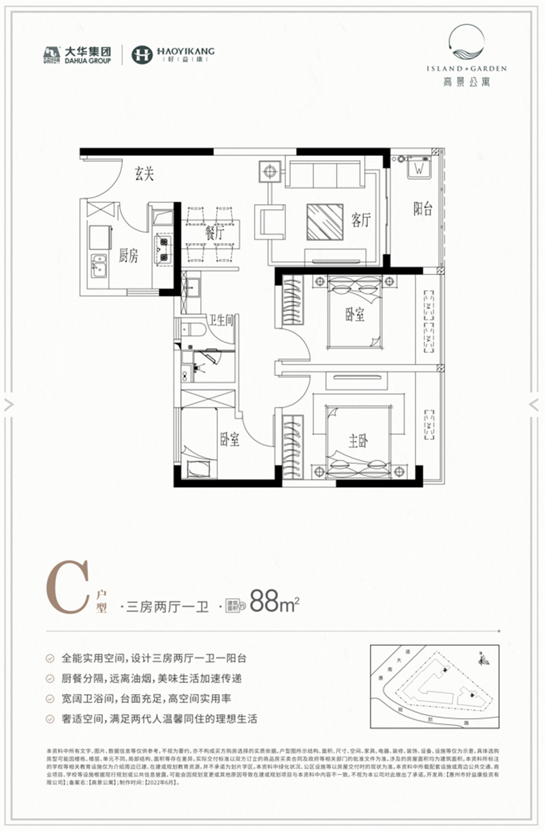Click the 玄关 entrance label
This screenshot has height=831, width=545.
pyautogui.click(x=144, y=175)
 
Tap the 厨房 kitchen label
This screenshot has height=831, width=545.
pyautogui.click(x=128, y=255)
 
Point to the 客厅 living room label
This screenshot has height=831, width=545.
pyautogui.click(x=361, y=220)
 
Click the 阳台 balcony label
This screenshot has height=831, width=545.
pyautogui.click(x=423, y=209)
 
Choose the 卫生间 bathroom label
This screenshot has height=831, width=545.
pyautogui.click(x=222, y=319)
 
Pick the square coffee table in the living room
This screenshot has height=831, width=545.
pyautogui.click(x=325, y=221)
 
